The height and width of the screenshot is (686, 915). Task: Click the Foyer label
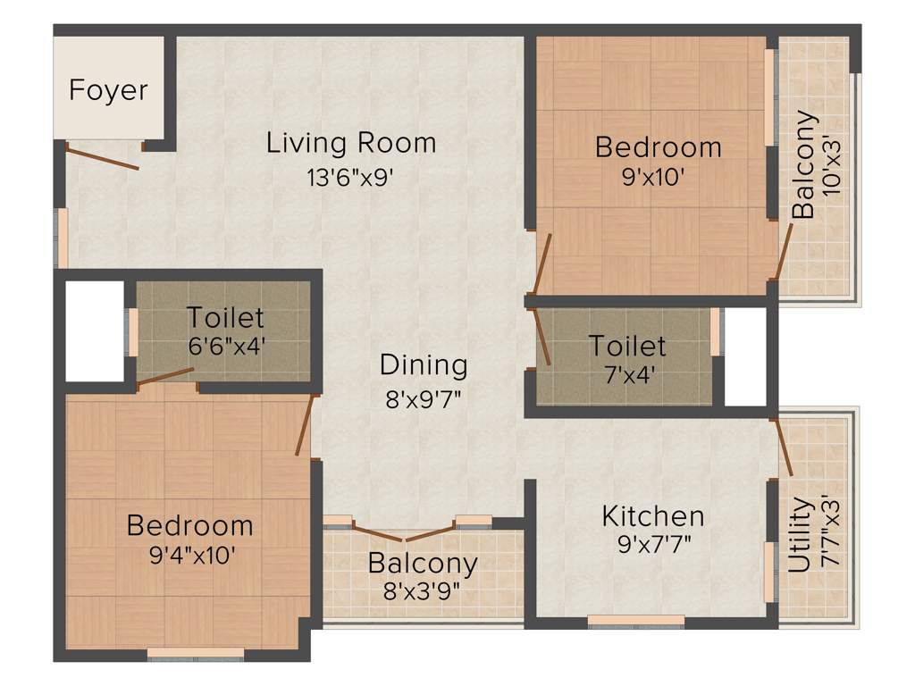click(x=108, y=91)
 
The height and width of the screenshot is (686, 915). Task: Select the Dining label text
click(x=424, y=364)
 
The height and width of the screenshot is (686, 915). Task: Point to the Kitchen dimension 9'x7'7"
click(x=652, y=543)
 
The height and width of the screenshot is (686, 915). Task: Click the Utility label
click(x=800, y=534)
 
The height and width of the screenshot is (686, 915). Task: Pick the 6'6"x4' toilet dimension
click(x=225, y=346)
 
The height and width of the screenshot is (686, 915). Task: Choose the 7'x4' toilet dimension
click(x=627, y=373)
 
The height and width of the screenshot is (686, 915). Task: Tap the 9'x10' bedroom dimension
click(x=658, y=177)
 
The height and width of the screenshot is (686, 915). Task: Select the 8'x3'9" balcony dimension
click(x=422, y=591)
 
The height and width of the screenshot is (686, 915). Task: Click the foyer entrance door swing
click(x=102, y=157)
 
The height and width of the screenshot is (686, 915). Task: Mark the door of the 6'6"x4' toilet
click(x=165, y=376)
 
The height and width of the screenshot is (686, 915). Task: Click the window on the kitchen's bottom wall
click(x=635, y=620)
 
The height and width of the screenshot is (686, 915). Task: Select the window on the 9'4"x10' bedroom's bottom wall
click(x=195, y=653)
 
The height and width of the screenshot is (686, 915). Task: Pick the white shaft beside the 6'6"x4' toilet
click(x=94, y=330)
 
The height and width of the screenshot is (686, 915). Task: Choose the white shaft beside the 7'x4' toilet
click(x=745, y=356)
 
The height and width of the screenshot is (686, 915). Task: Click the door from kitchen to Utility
click(x=784, y=447)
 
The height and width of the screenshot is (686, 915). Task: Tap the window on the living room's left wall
click(x=62, y=238)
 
